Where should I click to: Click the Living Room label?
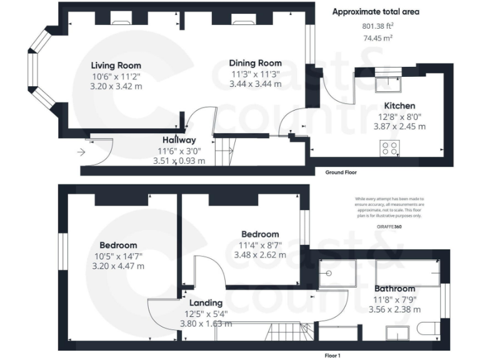116,66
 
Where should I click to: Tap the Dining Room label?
255,63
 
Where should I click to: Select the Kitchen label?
399,106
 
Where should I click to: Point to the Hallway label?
179,140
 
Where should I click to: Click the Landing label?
206,303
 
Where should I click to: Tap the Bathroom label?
394,289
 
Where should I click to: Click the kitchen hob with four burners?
390,148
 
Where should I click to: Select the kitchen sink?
388,84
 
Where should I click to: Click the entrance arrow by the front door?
81,152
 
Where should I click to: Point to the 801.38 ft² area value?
377,26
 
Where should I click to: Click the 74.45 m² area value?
377,38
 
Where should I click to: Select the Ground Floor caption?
341,172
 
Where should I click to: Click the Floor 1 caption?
332,356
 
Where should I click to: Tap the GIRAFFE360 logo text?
389,227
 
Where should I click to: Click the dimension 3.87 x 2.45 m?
399,126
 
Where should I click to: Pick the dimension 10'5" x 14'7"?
118,256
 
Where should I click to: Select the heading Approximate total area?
376,12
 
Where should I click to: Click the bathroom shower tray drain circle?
329,273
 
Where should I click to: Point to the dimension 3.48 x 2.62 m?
260,255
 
